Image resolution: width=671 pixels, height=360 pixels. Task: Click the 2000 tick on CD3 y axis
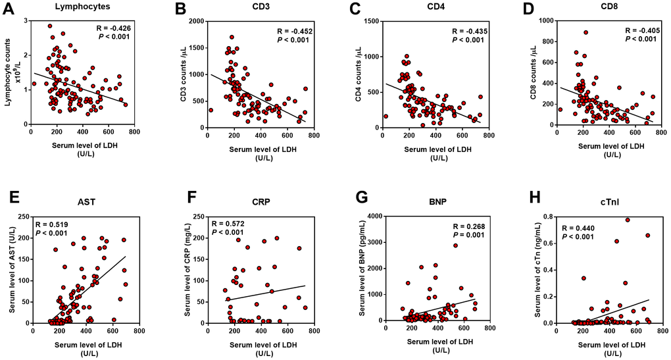(194, 21)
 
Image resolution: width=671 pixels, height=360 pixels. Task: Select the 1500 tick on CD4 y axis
(369, 21)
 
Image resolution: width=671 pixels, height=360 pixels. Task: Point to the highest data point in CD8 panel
(585, 32)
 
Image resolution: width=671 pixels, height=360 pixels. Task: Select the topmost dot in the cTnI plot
(628, 220)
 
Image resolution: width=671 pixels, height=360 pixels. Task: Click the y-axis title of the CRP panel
(187, 269)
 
